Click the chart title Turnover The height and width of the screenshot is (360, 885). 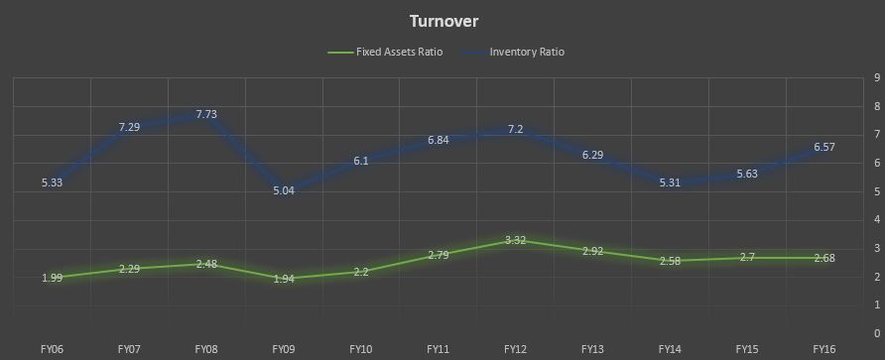[443, 22]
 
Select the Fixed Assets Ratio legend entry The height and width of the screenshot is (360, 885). [385, 52]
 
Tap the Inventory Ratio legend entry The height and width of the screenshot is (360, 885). [513, 52]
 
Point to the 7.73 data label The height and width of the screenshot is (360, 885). [206, 114]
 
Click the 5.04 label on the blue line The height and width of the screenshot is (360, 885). [284, 190]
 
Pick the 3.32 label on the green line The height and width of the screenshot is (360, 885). [515, 240]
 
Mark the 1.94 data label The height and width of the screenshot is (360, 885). [284, 278]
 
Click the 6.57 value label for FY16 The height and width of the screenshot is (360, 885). [824, 147]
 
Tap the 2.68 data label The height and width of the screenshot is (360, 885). [824, 258]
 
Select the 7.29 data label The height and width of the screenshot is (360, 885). [129, 127]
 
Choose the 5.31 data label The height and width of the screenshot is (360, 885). [670, 182]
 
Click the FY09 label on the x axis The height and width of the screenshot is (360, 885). [284, 349]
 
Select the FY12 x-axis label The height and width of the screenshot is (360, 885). [515, 349]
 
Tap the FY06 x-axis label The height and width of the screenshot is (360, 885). [52, 349]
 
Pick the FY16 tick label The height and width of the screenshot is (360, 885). [824, 349]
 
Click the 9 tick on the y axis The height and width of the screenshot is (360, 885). [876, 78]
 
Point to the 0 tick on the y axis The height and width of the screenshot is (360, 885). [876, 333]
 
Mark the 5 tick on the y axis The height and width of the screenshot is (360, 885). [876, 191]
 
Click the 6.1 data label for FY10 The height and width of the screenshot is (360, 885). [361, 161]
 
